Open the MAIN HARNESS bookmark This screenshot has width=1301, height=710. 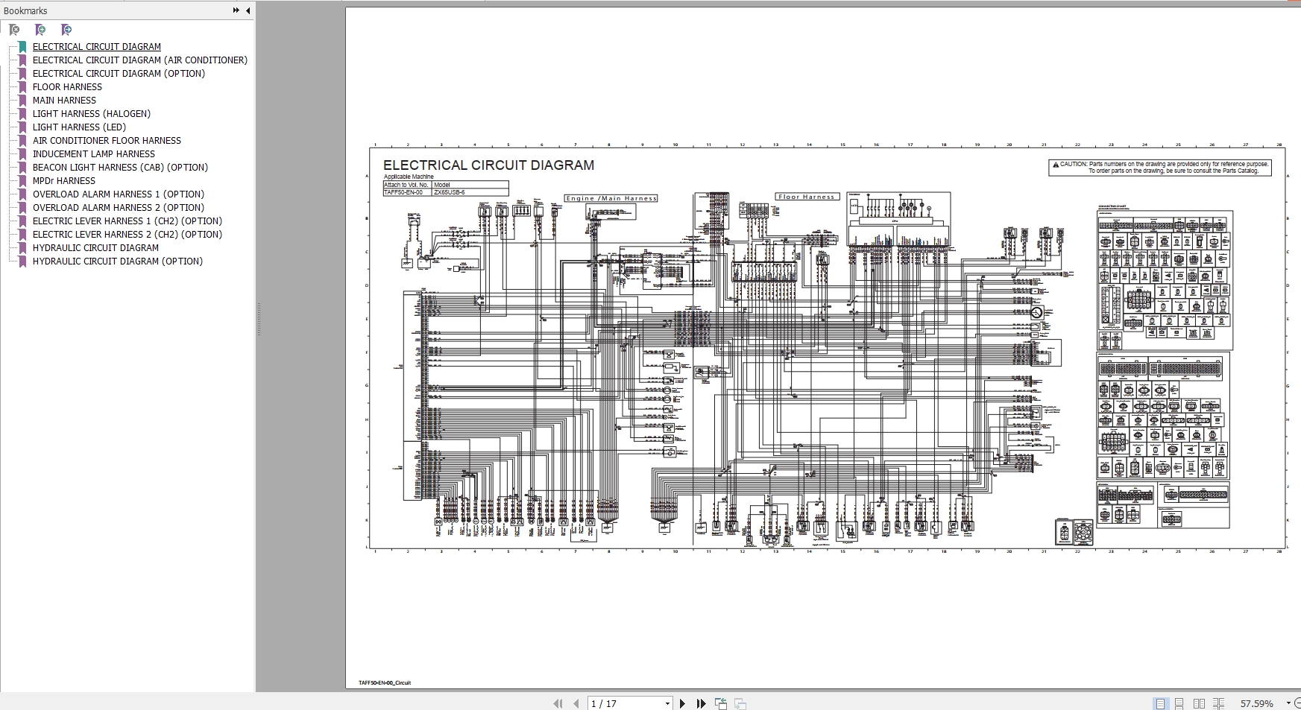tap(64, 101)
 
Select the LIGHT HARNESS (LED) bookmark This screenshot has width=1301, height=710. tap(79, 127)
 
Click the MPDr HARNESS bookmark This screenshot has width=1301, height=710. tap(63, 181)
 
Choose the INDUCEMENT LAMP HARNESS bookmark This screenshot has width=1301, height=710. tap(93, 154)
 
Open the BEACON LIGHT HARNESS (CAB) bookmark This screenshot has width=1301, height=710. tap(120, 168)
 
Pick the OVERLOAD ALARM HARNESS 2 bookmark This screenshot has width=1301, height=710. tap(118, 208)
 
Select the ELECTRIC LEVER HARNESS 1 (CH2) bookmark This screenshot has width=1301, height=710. tap(127, 221)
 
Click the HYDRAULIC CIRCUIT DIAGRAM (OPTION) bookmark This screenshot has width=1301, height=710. tap(117, 262)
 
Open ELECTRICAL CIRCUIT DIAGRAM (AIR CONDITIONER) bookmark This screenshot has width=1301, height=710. tap(139, 60)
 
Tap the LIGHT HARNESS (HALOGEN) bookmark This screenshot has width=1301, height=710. tap(91, 114)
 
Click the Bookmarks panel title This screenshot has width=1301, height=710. tap(25, 11)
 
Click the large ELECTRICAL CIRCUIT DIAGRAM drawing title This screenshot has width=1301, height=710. tap(488, 165)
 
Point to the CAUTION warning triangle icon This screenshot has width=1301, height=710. tap(1055, 164)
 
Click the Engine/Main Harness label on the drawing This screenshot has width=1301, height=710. tap(611, 198)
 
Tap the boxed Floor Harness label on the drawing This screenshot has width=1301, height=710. tap(807, 197)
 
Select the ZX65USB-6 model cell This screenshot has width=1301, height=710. tap(449, 192)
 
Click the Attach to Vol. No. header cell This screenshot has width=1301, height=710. tap(406, 185)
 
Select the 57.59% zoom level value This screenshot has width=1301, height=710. tap(1256, 703)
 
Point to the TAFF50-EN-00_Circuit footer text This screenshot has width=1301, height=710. tap(385, 682)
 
